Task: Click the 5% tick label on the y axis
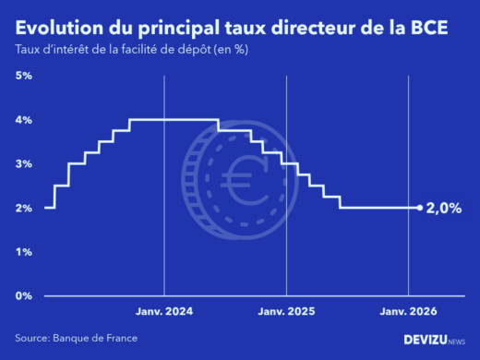24,76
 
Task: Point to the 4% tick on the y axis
24,120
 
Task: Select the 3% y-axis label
24,163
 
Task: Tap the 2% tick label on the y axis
24,208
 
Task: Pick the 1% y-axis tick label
24,251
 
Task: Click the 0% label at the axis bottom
24,295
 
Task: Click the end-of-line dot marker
420,208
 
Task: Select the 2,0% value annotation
444,209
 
